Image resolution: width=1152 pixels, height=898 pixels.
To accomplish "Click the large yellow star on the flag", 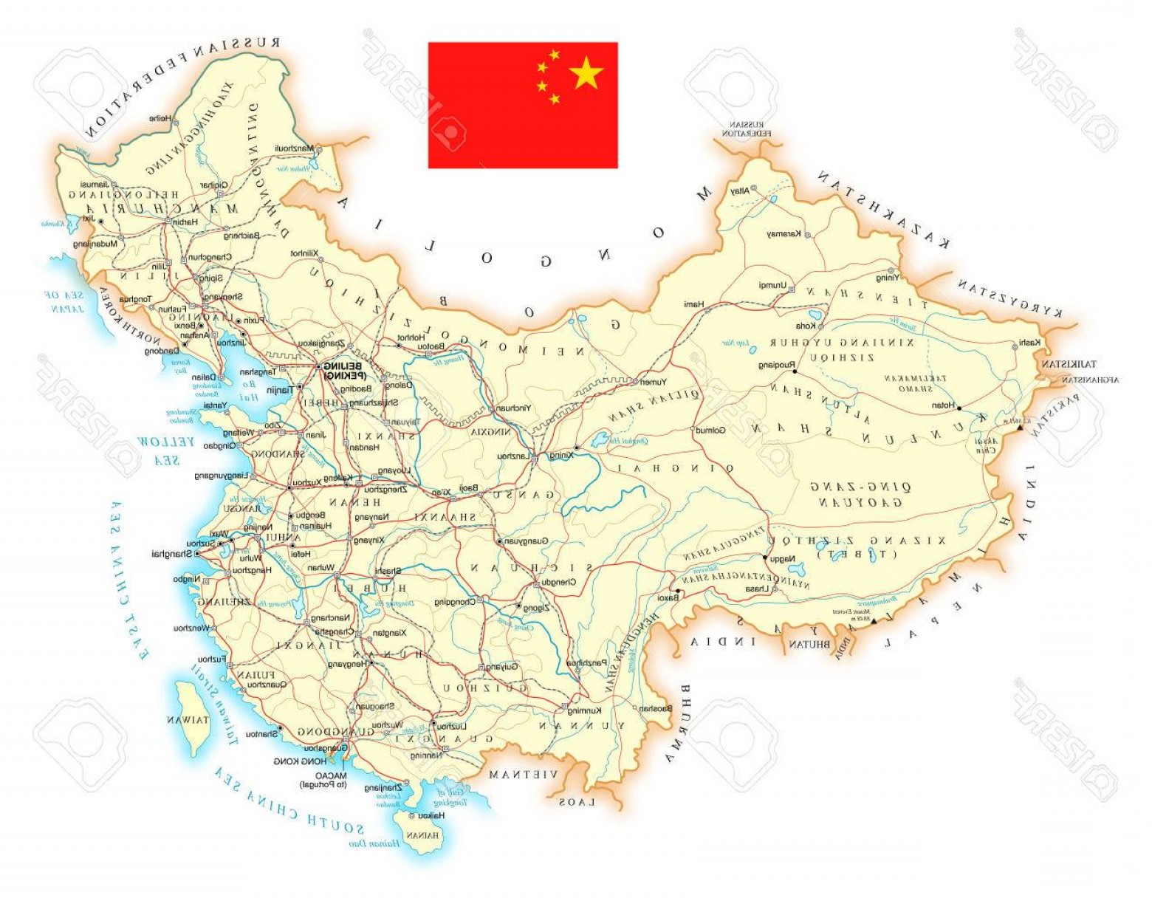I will (x=586, y=72).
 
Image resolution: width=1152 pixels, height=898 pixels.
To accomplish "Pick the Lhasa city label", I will (x=755, y=589).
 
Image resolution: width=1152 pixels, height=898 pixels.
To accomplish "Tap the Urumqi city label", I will (x=773, y=285).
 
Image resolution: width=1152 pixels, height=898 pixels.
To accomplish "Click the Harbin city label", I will (x=185, y=221).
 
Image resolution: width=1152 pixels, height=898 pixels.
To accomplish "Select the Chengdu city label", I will (x=558, y=582).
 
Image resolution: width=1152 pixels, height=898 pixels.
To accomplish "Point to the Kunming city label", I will (x=584, y=710).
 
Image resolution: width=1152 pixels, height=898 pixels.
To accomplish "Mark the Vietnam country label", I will (x=523, y=775).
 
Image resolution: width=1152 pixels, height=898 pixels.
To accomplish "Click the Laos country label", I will (x=577, y=802).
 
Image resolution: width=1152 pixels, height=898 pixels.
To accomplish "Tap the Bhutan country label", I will (x=809, y=644).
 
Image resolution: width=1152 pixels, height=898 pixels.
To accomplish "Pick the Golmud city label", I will (x=710, y=430).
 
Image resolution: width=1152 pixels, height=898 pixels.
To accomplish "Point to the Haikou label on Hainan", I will (x=431, y=816).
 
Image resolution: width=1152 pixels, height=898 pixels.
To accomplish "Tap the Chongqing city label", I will (x=454, y=602).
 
